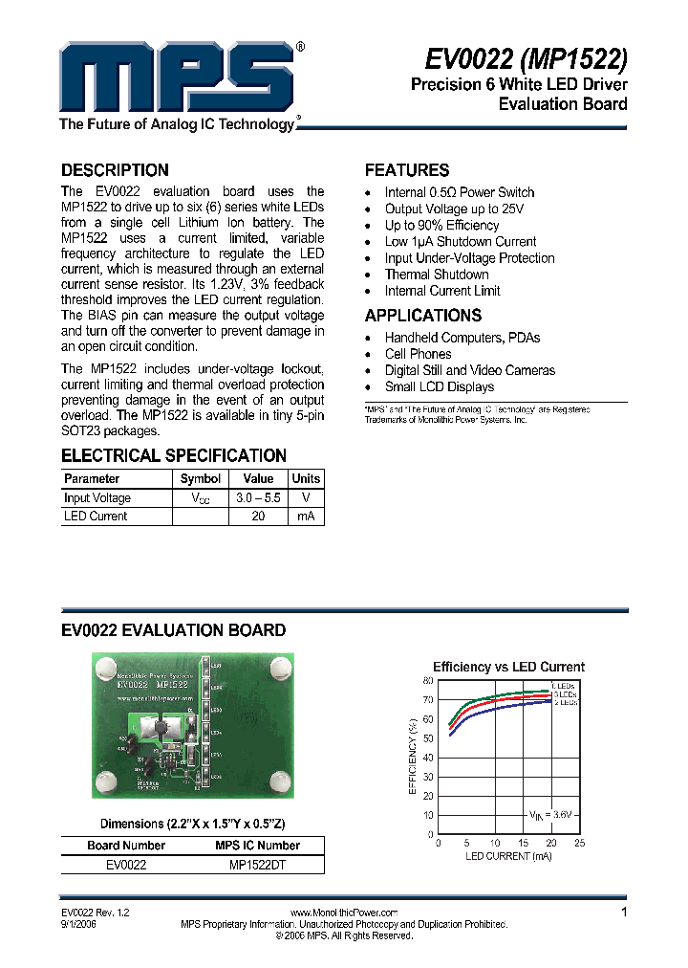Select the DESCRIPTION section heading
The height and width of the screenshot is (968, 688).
click(115, 170)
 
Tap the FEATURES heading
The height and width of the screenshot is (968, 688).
click(407, 170)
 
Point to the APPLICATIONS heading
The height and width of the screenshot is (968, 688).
click(423, 316)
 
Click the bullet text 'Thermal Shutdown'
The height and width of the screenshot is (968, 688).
click(437, 275)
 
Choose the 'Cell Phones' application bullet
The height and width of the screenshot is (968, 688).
click(418, 354)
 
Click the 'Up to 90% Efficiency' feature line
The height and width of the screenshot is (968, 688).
click(441, 225)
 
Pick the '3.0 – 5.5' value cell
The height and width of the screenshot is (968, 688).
click(258, 498)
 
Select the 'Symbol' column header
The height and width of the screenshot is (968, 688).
click(201, 478)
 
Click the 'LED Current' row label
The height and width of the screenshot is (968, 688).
click(96, 517)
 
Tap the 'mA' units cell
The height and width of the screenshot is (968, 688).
click(306, 517)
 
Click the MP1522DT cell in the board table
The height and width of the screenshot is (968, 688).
click(257, 864)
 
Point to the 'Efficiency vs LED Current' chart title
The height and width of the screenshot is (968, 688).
click(508, 667)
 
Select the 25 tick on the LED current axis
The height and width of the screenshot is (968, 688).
click(580, 843)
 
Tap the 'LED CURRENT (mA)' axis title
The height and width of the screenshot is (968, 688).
click(508, 856)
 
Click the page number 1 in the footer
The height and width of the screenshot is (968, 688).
click(624, 913)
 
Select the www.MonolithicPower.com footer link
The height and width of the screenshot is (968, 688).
click(343, 913)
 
